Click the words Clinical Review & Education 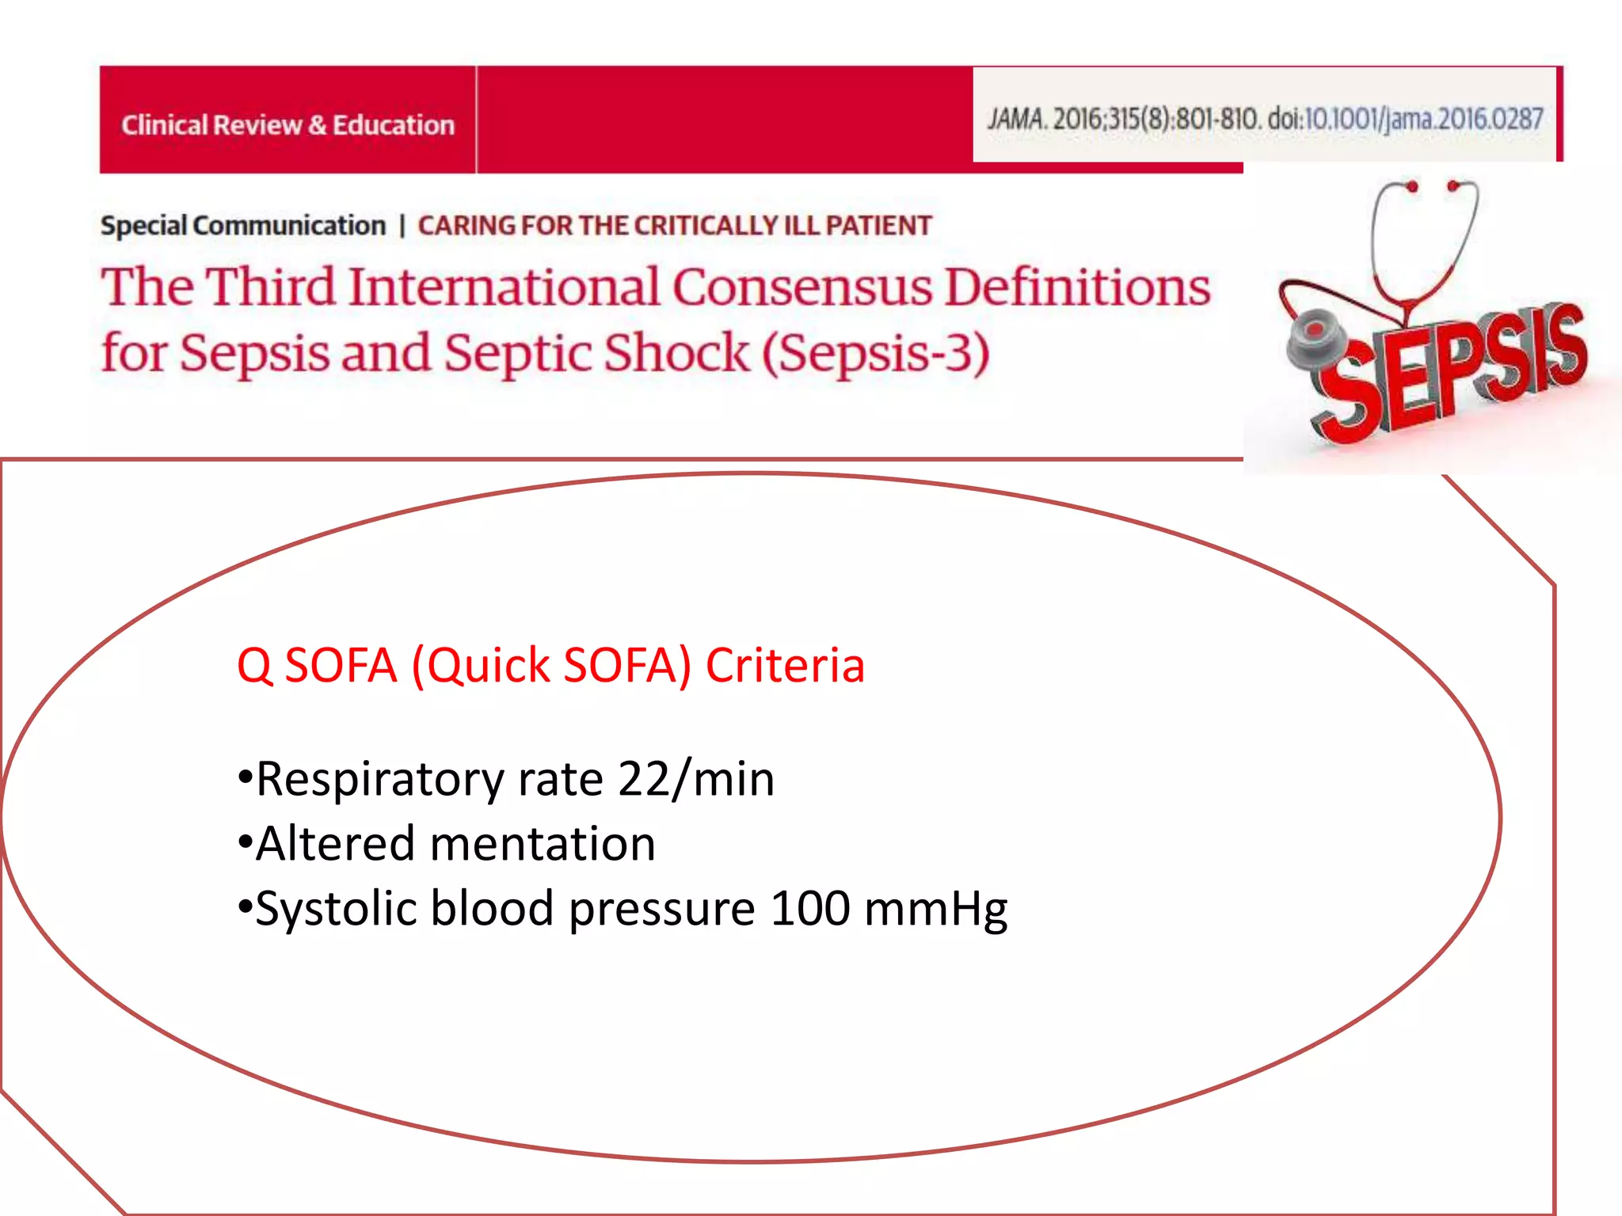coord(287,125)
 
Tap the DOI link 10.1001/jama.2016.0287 coord(1423,120)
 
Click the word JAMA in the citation coord(1017,120)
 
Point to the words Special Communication coord(242,226)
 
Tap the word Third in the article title coord(271,287)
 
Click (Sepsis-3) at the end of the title coord(875,353)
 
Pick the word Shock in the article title coord(675,353)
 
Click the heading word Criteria coord(784,665)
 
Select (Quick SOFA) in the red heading coord(551,665)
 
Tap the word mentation coord(543,844)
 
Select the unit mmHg coord(935,910)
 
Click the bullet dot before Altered coord(245,842)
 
